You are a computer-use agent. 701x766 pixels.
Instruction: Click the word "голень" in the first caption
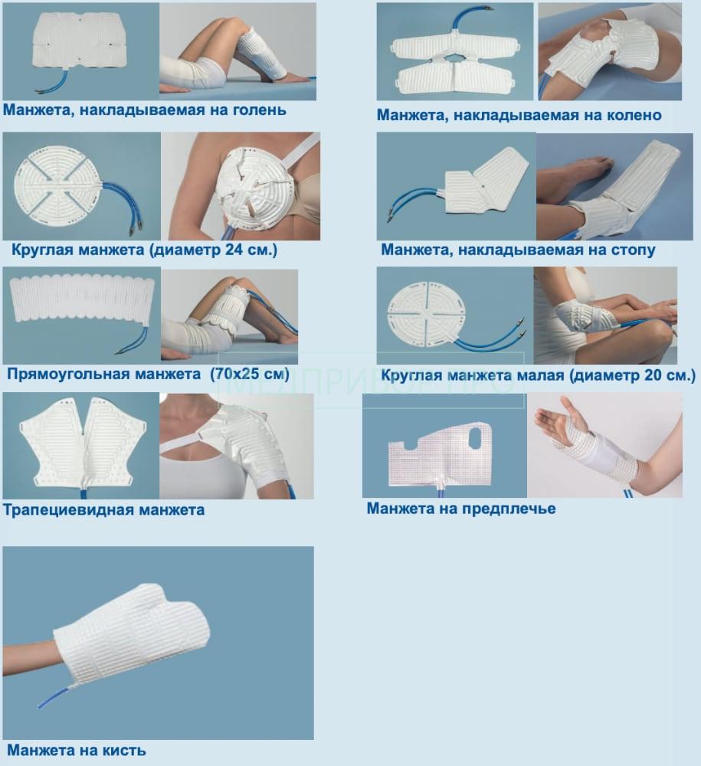(x=260, y=110)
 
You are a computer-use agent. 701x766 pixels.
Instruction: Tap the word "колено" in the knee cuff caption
(x=634, y=116)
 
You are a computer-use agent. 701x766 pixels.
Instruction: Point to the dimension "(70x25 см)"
(x=250, y=375)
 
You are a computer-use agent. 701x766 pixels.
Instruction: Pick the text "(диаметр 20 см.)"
(x=632, y=375)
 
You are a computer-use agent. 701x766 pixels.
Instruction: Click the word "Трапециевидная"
(x=69, y=510)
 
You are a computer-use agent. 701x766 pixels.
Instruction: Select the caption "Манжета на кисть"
(x=76, y=751)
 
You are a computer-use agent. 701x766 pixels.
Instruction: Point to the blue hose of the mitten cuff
(x=56, y=696)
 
